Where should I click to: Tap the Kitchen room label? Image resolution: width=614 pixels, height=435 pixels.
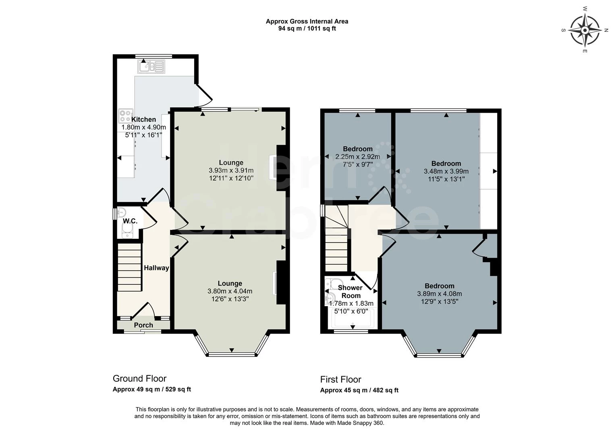pos(144,120)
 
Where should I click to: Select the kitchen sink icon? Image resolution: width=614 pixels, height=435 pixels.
pos(151,66)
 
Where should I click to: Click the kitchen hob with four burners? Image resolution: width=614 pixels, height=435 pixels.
pos(126,116)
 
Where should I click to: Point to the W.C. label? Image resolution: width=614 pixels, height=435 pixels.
pos(130,221)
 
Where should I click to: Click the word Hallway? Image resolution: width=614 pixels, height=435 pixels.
pos(156,268)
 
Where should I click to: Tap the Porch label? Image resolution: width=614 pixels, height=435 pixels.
pos(143,325)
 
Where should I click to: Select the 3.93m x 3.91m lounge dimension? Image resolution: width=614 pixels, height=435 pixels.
pos(231,170)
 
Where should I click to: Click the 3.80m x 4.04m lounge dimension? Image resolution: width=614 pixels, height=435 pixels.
pos(230,291)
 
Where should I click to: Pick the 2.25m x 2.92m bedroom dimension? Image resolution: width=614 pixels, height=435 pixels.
pos(358,157)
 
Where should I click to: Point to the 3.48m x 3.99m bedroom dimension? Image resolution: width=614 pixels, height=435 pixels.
pos(446,171)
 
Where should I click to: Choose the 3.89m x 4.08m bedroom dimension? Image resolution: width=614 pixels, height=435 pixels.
pos(440,294)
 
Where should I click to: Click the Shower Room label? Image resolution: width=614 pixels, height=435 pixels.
pos(351,292)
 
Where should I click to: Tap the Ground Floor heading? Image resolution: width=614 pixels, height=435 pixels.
pos(139,379)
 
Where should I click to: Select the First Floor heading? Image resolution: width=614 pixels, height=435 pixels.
pos(341,379)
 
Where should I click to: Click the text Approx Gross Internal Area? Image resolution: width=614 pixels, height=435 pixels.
pos(307,21)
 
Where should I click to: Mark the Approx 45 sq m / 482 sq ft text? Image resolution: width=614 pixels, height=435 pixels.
pos(359,390)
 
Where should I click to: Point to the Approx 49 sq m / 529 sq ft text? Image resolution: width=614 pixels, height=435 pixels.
pos(152,389)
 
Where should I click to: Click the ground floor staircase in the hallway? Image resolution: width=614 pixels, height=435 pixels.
pos(129,267)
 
